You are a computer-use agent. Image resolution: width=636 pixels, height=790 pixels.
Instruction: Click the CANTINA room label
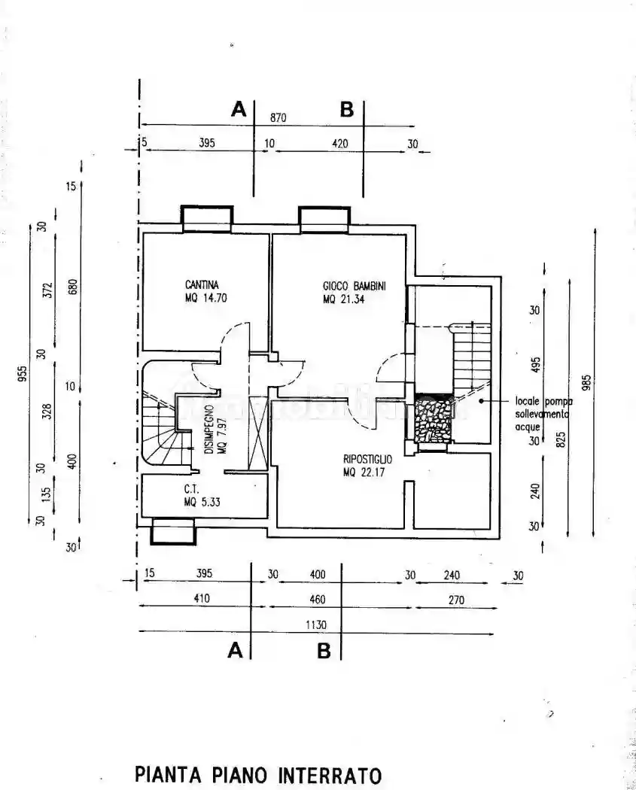(202, 285)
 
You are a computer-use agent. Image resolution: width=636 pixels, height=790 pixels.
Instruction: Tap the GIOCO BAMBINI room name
(354, 286)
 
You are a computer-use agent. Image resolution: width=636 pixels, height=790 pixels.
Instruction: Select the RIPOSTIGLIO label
(369, 458)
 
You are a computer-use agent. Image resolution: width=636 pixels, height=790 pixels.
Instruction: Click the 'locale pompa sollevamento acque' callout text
(543, 414)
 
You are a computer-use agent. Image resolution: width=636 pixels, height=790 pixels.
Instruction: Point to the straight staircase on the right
(470, 354)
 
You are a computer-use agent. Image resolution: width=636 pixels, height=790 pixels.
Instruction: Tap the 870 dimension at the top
(278, 117)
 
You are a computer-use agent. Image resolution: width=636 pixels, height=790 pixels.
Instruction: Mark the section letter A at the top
(239, 110)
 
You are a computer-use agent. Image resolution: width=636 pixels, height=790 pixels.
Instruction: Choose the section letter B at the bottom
(324, 652)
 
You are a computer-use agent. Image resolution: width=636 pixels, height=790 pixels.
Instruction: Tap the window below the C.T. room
(173, 531)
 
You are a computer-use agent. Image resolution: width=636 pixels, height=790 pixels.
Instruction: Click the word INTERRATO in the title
(330, 774)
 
